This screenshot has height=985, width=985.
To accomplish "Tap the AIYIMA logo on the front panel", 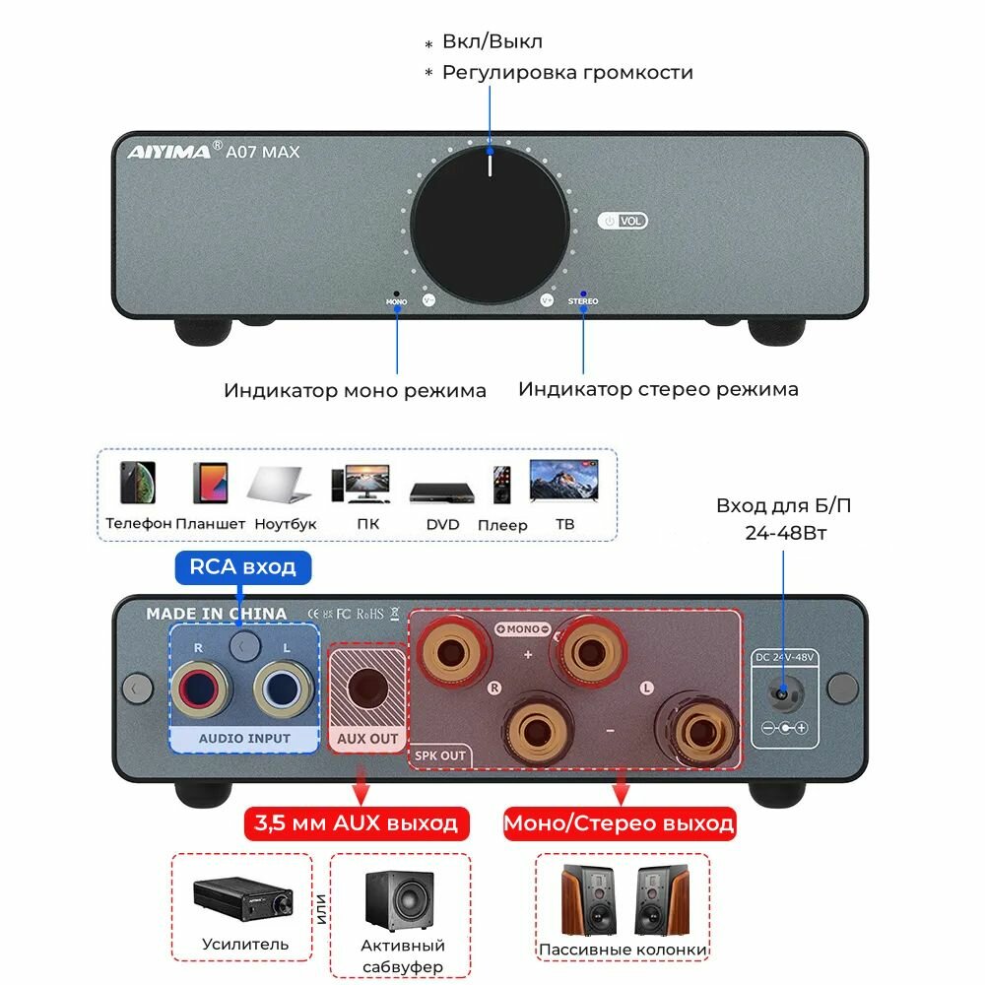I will [168, 152].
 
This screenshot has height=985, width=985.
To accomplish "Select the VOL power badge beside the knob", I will [624, 222].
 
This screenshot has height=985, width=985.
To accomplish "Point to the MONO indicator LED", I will [397, 294].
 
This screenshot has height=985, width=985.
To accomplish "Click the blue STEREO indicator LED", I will [583, 294].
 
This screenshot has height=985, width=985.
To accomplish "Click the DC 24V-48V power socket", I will [783, 693].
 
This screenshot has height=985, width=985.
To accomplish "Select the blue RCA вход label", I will [243, 566].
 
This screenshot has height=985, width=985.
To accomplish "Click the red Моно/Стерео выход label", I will [620, 823].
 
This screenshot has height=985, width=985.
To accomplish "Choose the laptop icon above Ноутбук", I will [280, 484].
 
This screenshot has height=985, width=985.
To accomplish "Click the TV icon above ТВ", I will [563, 481].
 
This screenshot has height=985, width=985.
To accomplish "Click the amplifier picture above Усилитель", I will [242, 897].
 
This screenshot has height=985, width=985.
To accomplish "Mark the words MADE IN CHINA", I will [217, 614].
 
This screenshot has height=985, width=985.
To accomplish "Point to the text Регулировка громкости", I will [567, 73].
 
